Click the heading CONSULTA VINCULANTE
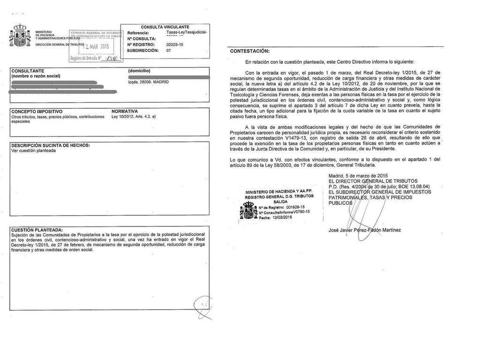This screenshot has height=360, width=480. pos(165,27)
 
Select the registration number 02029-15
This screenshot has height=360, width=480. pos(175,45)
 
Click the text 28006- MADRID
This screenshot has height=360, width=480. pos(148,82)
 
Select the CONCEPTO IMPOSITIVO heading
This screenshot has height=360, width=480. pos(37,112)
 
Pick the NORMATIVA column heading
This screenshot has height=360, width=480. pos(124,112)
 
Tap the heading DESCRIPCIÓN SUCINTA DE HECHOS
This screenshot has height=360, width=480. pos(50,145)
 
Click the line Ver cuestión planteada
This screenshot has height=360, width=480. pos(33,151)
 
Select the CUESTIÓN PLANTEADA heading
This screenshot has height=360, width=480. pos(37,230)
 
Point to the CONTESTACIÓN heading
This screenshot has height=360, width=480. pos(250,51)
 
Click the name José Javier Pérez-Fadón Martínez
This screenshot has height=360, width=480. pos(365,230)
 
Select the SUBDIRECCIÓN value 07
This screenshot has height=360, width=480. pos(169,51)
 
